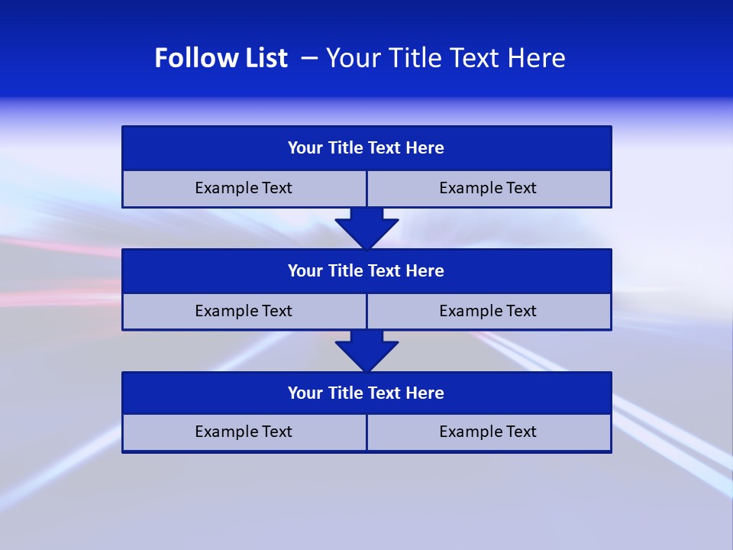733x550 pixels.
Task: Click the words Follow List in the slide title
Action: click(221, 58)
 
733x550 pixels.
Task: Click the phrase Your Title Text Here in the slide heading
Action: click(446, 58)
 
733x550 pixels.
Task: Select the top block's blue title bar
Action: click(366, 148)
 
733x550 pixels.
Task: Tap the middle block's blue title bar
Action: click(366, 271)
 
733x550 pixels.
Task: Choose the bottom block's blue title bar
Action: click(366, 393)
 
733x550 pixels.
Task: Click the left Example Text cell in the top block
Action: click(244, 188)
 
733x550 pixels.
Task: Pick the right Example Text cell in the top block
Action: click(488, 188)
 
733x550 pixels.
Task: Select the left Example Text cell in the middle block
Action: click(244, 311)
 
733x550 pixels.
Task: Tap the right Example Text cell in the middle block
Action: click(488, 311)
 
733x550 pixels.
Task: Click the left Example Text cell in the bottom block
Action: click(244, 432)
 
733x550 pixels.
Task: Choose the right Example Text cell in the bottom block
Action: click(488, 432)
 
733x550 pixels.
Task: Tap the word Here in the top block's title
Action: click(425, 148)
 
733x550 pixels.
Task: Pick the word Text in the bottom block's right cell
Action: click(520, 432)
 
